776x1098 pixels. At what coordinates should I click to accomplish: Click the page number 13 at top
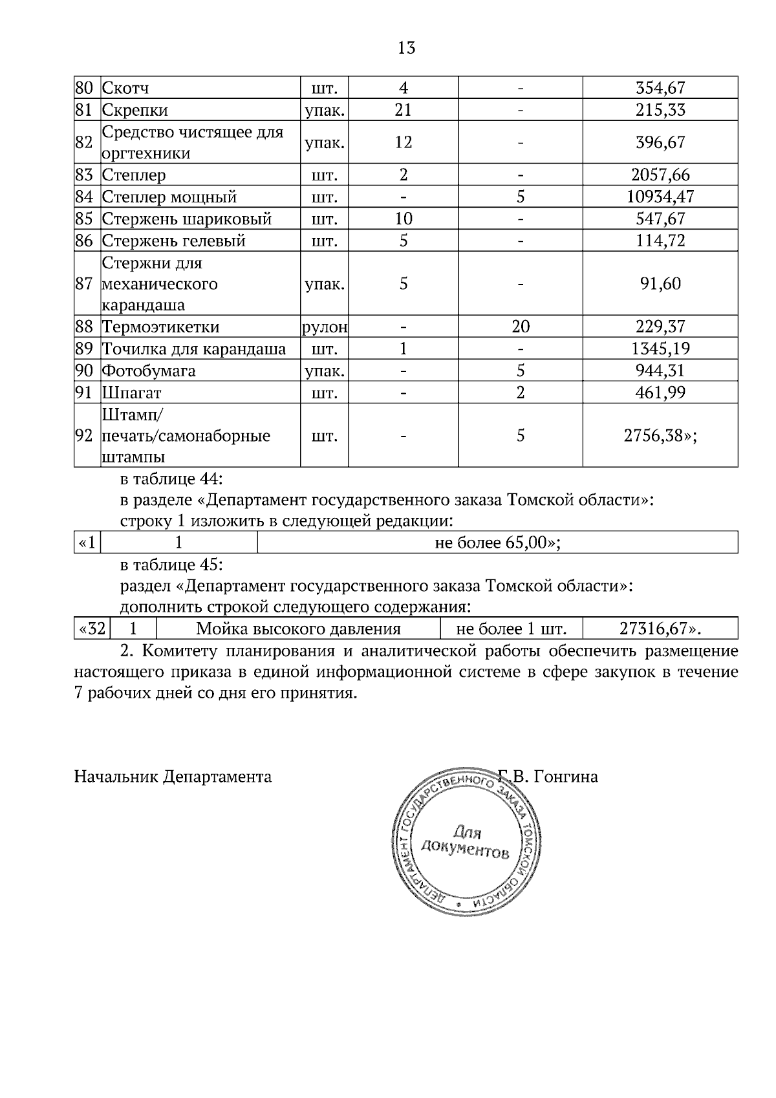[x=406, y=48]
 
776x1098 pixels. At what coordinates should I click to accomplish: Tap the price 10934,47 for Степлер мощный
[x=660, y=197]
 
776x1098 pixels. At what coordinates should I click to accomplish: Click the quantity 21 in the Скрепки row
[x=403, y=110]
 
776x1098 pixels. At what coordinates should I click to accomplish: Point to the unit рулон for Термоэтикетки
[x=325, y=327]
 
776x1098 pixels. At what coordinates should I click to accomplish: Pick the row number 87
[x=85, y=284]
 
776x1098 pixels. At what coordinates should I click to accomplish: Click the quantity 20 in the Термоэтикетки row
[x=520, y=327]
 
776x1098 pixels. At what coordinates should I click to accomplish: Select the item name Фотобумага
[x=149, y=371]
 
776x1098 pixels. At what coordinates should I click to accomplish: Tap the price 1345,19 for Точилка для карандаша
[x=660, y=349]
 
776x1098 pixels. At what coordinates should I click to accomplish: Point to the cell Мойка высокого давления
[x=298, y=629]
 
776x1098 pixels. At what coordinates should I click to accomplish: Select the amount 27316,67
[x=660, y=629]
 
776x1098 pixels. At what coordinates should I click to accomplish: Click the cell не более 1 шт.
[x=511, y=629]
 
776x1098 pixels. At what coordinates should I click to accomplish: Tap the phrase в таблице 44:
[x=171, y=479]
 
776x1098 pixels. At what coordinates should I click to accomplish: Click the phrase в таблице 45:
[x=171, y=565]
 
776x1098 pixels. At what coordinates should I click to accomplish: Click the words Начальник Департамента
[x=173, y=777]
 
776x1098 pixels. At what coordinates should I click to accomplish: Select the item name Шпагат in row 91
[x=131, y=393]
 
